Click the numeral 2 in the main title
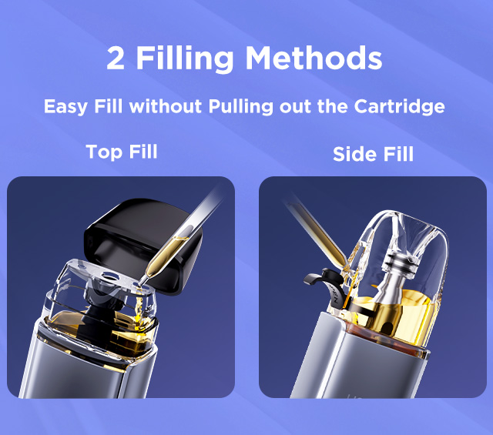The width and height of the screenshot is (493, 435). [116, 59]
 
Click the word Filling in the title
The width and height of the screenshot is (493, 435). [185, 60]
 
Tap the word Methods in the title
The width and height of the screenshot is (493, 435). [314, 58]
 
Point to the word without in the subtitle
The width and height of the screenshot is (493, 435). [166, 106]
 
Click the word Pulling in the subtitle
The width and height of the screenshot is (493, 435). [241, 107]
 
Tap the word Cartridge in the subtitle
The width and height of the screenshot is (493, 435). [399, 107]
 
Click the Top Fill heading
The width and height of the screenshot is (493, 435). [122, 152]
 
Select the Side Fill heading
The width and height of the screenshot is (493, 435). [373, 154]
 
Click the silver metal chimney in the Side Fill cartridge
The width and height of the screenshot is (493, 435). [394, 276]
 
